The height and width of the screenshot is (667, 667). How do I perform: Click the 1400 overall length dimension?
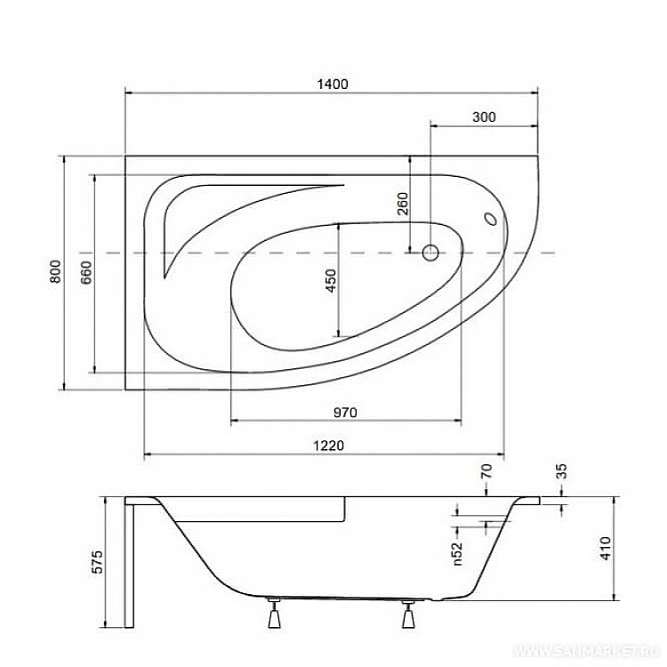tap(331, 84)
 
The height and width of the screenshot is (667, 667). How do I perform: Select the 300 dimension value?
tap(484, 117)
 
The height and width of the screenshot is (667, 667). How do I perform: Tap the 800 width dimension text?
tap(55, 271)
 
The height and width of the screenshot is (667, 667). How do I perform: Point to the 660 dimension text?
tap(85, 271)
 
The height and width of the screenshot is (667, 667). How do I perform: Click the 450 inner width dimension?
tap(330, 281)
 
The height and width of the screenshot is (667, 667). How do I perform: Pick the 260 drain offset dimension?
tap(401, 205)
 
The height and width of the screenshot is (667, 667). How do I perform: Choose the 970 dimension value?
tap(345, 412)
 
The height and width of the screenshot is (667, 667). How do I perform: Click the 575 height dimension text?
tap(99, 562)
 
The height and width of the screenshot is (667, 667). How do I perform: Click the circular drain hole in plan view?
tap(430, 253)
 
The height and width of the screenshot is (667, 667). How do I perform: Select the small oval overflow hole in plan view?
tap(489, 218)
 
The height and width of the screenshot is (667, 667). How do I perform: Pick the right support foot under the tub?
tap(409, 614)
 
